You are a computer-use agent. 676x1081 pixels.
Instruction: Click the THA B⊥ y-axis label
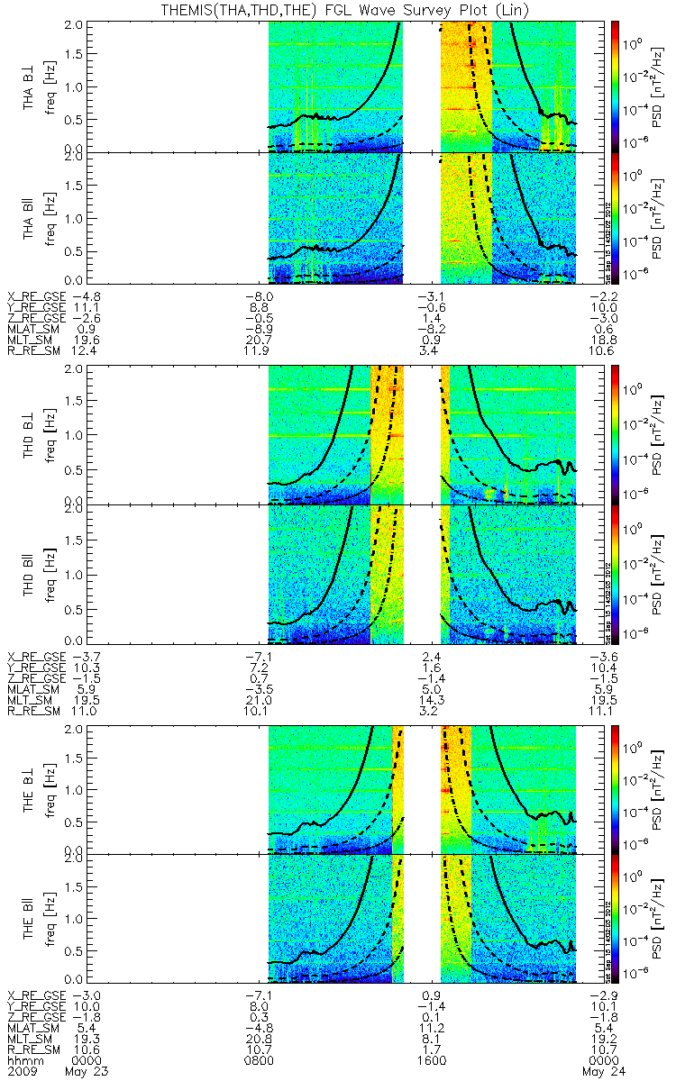click(30, 86)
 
